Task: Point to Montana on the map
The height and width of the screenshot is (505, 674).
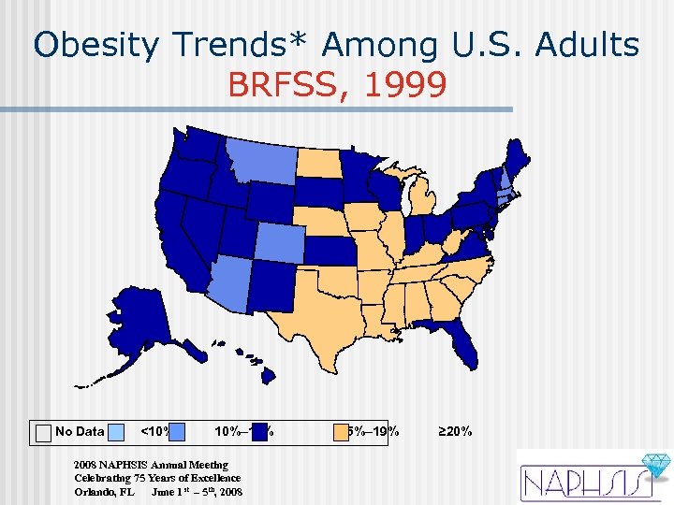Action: pyautogui.click(x=257, y=163)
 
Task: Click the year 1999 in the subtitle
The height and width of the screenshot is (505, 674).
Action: pyautogui.click(x=394, y=85)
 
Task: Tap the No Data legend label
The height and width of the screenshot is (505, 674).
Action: pyautogui.click(x=80, y=431)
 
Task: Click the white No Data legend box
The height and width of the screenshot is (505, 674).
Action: pyautogui.click(x=43, y=431)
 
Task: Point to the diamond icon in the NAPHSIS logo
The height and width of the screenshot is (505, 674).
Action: pyautogui.click(x=652, y=466)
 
